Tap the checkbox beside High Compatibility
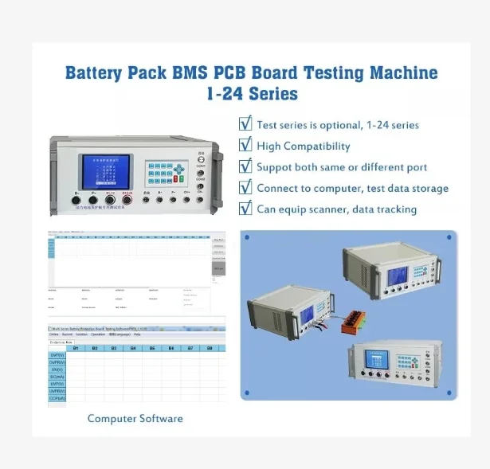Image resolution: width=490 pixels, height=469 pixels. [x=245, y=145]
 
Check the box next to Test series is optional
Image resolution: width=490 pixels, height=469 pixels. [x=245, y=124]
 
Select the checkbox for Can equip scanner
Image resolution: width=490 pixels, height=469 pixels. [x=245, y=209]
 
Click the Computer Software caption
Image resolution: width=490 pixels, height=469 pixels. [x=135, y=418]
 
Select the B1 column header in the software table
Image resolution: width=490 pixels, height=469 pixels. [x=76, y=348]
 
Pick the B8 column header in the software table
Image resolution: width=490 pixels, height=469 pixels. [x=210, y=348]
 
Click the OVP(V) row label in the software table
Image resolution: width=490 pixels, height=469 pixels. [x=57, y=356]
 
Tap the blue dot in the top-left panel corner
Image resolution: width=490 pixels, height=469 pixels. [x=247, y=237]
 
